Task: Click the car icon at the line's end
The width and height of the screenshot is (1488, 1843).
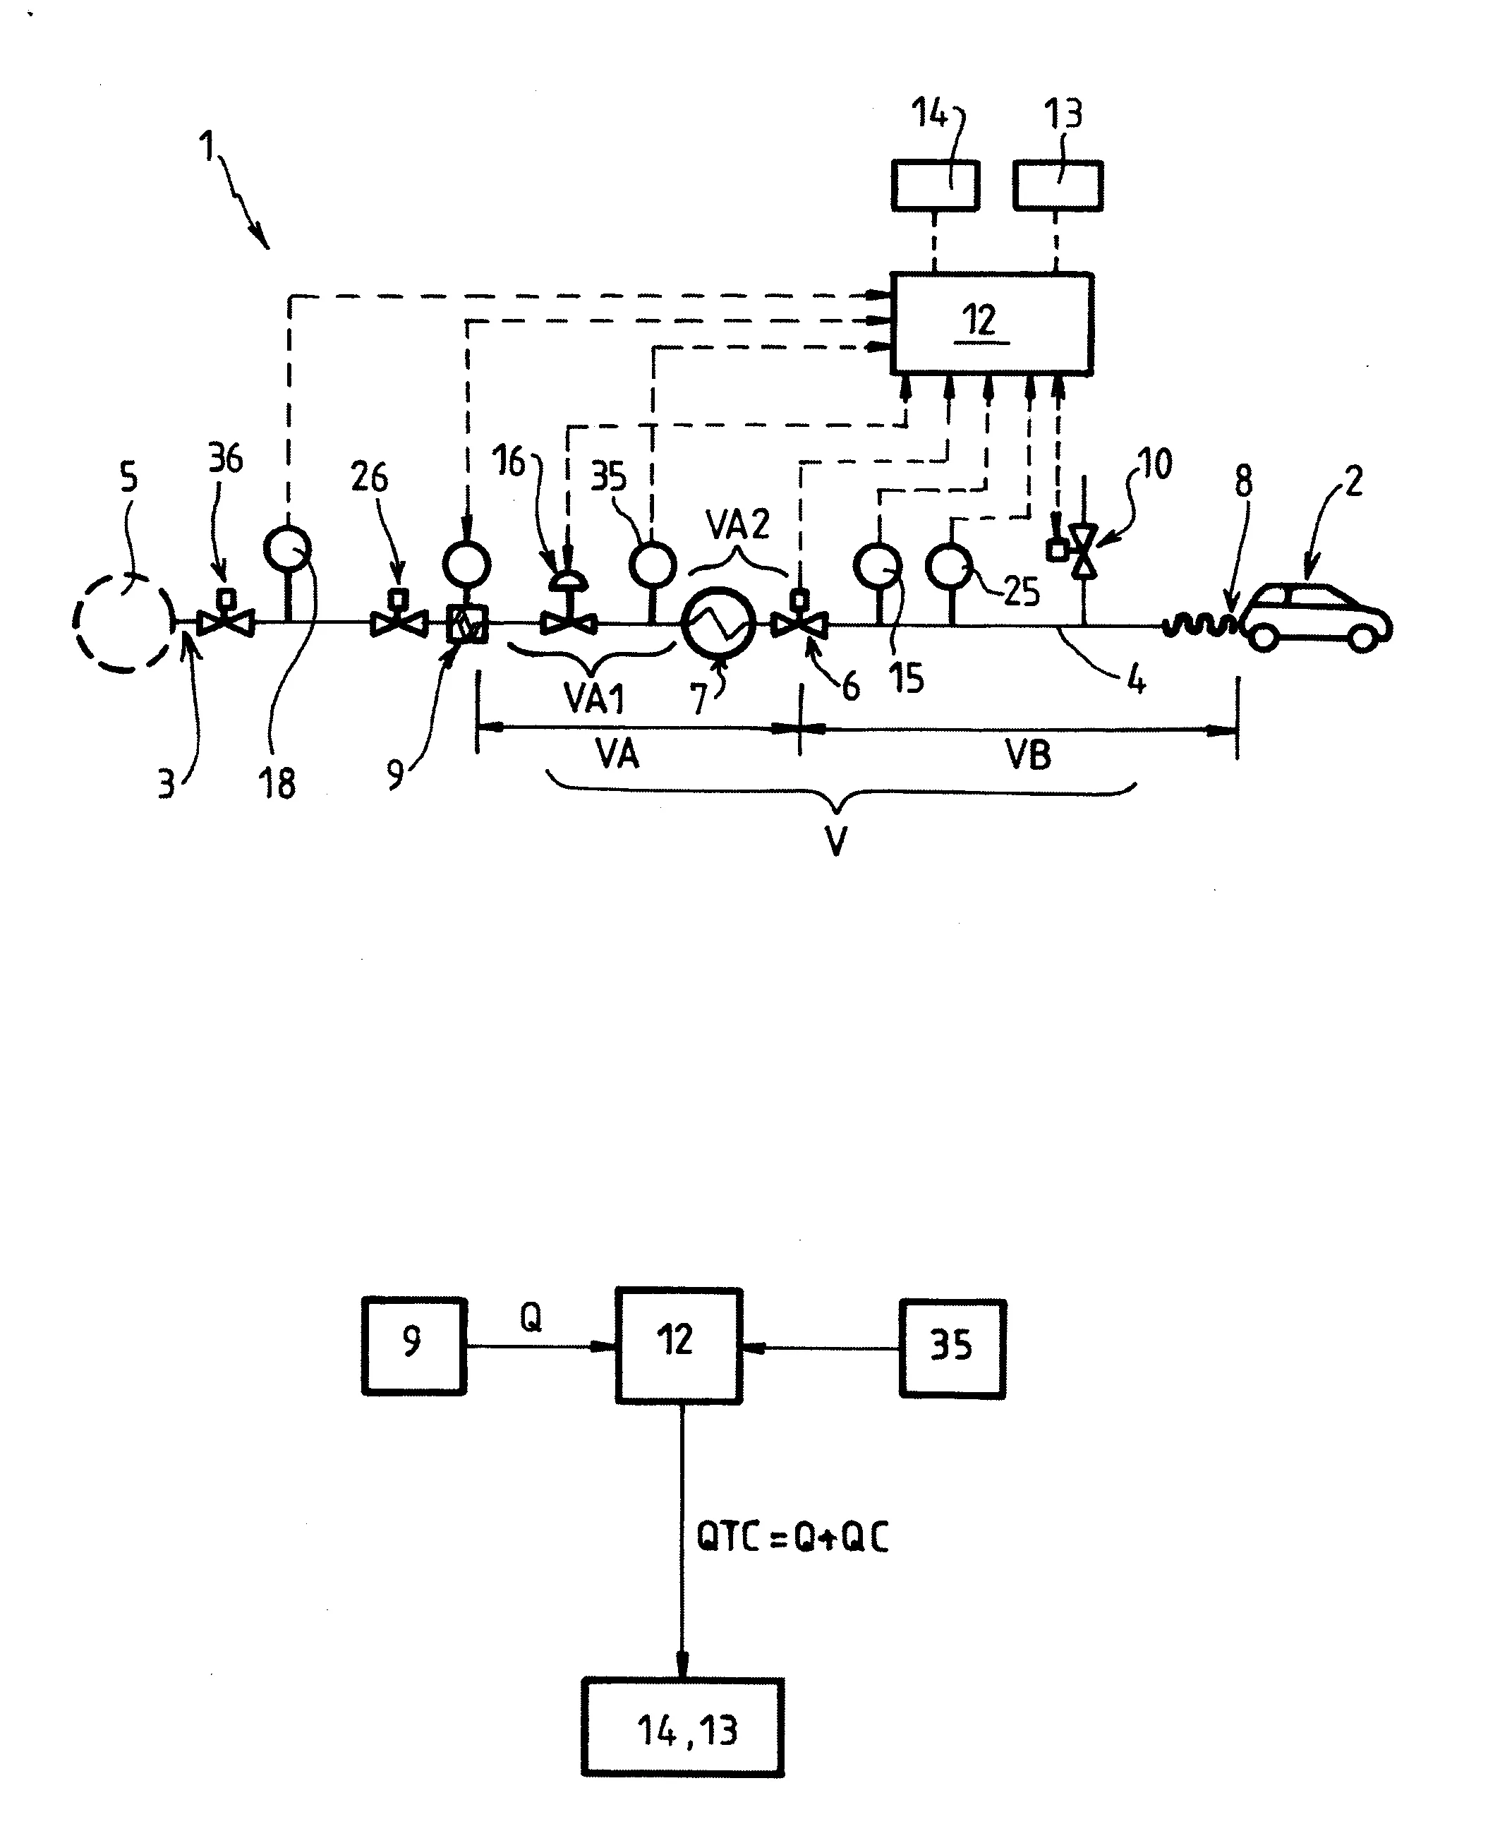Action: pyautogui.click(x=1317, y=617)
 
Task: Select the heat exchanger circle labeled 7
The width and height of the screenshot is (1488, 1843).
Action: pyautogui.click(x=719, y=624)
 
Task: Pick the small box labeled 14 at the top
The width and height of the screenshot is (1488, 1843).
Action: pyautogui.click(x=935, y=185)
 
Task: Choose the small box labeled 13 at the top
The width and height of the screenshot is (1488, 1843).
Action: pyautogui.click(x=1058, y=185)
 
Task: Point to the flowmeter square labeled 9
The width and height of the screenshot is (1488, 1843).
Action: pyautogui.click(x=468, y=624)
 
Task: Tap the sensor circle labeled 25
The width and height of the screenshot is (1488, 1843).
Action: pyautogui.click(x=949, y=567)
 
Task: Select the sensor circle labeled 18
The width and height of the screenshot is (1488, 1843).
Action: pyautogui.click(x=287, y=550)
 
